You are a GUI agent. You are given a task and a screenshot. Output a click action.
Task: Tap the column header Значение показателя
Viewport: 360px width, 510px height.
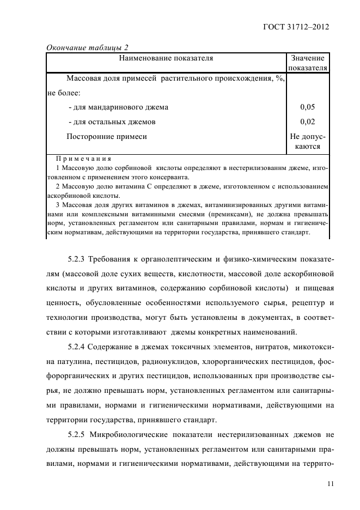(x=308, y=63)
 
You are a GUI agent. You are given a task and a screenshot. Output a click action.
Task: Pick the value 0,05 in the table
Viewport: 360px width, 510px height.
(x=308, y=107)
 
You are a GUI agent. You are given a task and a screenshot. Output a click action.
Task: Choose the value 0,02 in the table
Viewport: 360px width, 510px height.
(x=308, y=122)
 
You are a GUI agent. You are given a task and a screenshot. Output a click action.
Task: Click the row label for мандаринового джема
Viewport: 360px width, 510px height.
(x=118, y=107)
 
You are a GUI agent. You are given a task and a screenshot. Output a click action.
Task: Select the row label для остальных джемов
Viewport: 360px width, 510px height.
(x=112, y=122)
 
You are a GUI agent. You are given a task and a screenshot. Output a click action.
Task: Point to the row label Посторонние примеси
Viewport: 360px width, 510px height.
(x=107, y=137)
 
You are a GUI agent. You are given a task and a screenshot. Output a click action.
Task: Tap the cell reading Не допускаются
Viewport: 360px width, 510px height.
(x=308, y=142)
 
